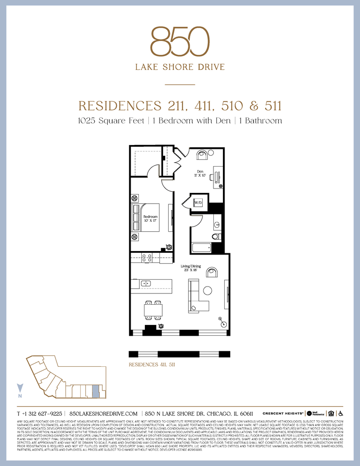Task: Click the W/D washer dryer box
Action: click(x=198, y=202)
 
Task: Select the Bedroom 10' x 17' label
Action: click(x=150, y=219)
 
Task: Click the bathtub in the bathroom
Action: click(x=201, y=248)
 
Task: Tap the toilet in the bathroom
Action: click(x=217, y=236)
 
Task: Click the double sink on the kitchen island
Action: click(x=146, y=283)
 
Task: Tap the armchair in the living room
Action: click(x=212, y=272)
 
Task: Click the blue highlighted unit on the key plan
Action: click(x=96, y=391)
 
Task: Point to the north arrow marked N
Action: click(x=19, y=389)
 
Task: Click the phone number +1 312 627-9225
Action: click(x=39, y=413)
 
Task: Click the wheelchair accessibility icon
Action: click(x=340, y=413)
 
